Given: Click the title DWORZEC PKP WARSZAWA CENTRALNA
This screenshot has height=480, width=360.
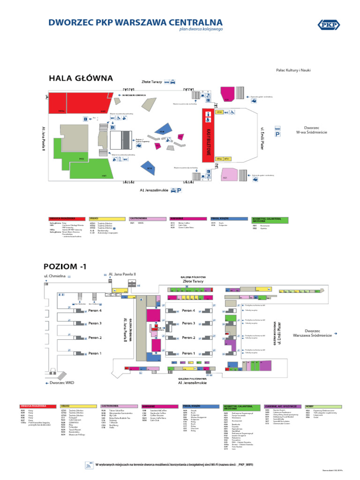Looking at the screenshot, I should [136, 22].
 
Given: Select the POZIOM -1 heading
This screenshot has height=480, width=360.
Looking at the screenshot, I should [65, 267].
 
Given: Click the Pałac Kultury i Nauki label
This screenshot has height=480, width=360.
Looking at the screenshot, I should [293, 70].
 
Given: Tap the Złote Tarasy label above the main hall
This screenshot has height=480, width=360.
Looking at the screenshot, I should [152, 82].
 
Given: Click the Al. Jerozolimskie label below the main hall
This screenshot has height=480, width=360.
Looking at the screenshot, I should [153, 190].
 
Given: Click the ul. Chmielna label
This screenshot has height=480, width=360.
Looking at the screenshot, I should [54, 277].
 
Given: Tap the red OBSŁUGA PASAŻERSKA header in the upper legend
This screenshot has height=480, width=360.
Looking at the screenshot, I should [68, 218].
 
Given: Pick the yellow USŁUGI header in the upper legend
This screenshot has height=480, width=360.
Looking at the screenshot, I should [107, 218].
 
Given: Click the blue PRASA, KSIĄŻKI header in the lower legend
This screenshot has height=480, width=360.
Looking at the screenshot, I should [201, 405].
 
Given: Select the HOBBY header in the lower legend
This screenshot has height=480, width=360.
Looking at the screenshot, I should [323, 406].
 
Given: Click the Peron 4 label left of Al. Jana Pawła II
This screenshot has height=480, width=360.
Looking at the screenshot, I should [95, 310].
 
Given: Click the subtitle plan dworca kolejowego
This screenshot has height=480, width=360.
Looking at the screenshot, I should [201, 29].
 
